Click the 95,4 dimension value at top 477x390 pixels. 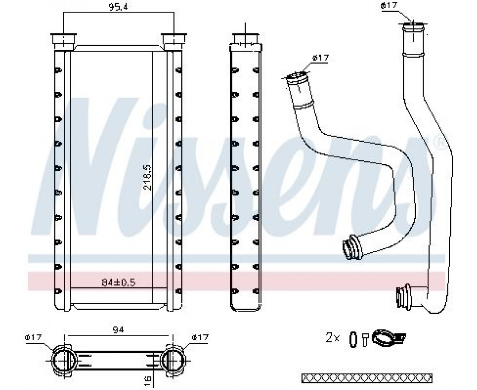(118, 7)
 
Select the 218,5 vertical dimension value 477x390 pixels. (147, 178)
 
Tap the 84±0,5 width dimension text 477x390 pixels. (118, 283)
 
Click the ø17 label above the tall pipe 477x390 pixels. (389, 6)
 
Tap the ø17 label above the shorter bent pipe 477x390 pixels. (320, 58)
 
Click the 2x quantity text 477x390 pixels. (332, 338)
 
